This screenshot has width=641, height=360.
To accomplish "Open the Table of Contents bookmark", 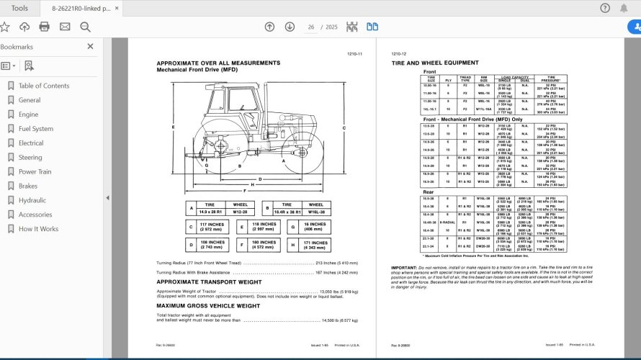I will click(43, 86).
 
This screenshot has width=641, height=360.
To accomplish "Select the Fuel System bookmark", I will click(35, 129).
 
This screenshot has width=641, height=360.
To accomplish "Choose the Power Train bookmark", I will click(35, 172).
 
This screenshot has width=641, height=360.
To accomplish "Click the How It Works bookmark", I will click(38, 229).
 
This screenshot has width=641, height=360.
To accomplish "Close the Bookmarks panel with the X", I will click(90, 47).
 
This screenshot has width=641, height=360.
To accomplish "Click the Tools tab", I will click(20, 8).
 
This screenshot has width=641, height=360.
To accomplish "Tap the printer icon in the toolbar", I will click(45, 27).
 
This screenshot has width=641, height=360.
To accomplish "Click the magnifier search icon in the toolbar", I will click(85, 27).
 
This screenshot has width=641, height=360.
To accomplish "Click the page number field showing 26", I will click(311, 27).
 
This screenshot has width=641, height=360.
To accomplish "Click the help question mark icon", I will click(604, 8).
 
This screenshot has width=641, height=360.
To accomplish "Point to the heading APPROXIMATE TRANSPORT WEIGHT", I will click(209, 282).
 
